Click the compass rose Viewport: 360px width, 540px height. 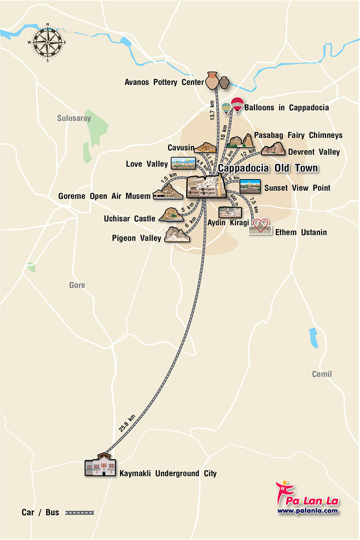(x=48, y=42)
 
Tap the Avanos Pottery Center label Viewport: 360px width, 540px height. (x=164, y=82)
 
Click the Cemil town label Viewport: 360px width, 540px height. (x=321, y=374)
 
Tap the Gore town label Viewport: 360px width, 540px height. (x=77, y=285)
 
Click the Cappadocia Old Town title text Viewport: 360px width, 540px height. (x=268, y=168)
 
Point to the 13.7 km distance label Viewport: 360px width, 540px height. (x=213, y=109)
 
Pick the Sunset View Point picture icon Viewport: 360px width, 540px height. (x=250, y=186)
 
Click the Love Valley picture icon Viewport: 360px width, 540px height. (x=183, y=163)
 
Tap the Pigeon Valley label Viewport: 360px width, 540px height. (x=136, y=238)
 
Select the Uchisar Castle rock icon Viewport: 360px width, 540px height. (x=170, y=215)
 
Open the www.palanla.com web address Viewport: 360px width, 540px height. (x=307, y=510)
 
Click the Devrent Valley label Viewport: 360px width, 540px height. (x=313, y=152)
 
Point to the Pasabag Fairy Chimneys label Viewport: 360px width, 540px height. (x=298, y=135)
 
